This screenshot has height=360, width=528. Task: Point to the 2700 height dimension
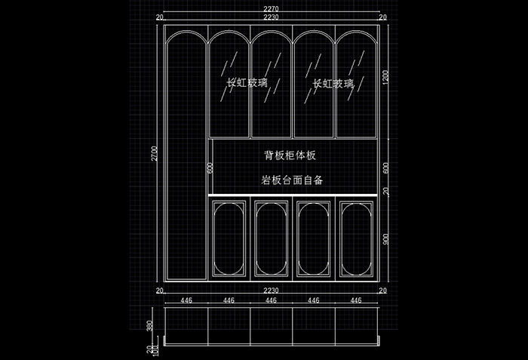click(154, 153)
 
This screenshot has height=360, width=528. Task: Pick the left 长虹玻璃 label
click(247, 84)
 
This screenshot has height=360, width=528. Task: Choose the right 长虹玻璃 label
click(333, 84)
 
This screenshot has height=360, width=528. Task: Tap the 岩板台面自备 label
click(292, 180)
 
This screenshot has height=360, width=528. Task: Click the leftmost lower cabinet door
click(229, 237)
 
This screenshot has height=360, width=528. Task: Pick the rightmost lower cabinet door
click(355, 237)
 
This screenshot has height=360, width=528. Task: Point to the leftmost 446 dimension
click(186, 300)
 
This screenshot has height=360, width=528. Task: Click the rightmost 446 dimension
click(355, 300)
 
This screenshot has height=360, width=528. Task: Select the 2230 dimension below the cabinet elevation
click(271, 291)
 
